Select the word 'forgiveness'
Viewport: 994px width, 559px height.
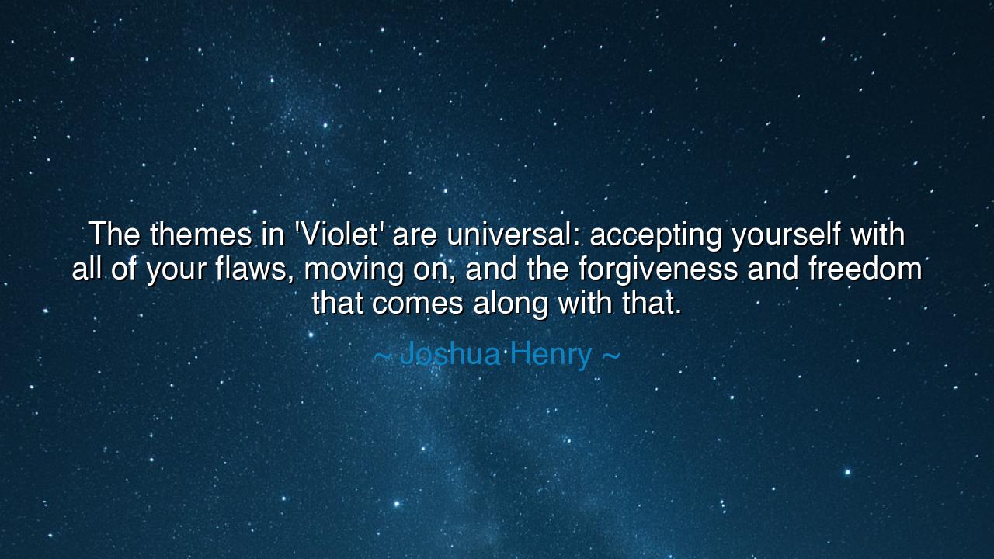[x=659, y=269]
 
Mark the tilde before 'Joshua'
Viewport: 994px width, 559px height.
[x=382, y=356]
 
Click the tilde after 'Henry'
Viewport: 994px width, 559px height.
[x=611, y=356]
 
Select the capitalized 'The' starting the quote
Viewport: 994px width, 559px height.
[x=114, y=234]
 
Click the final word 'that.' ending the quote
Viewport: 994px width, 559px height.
[x=652, y=304]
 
